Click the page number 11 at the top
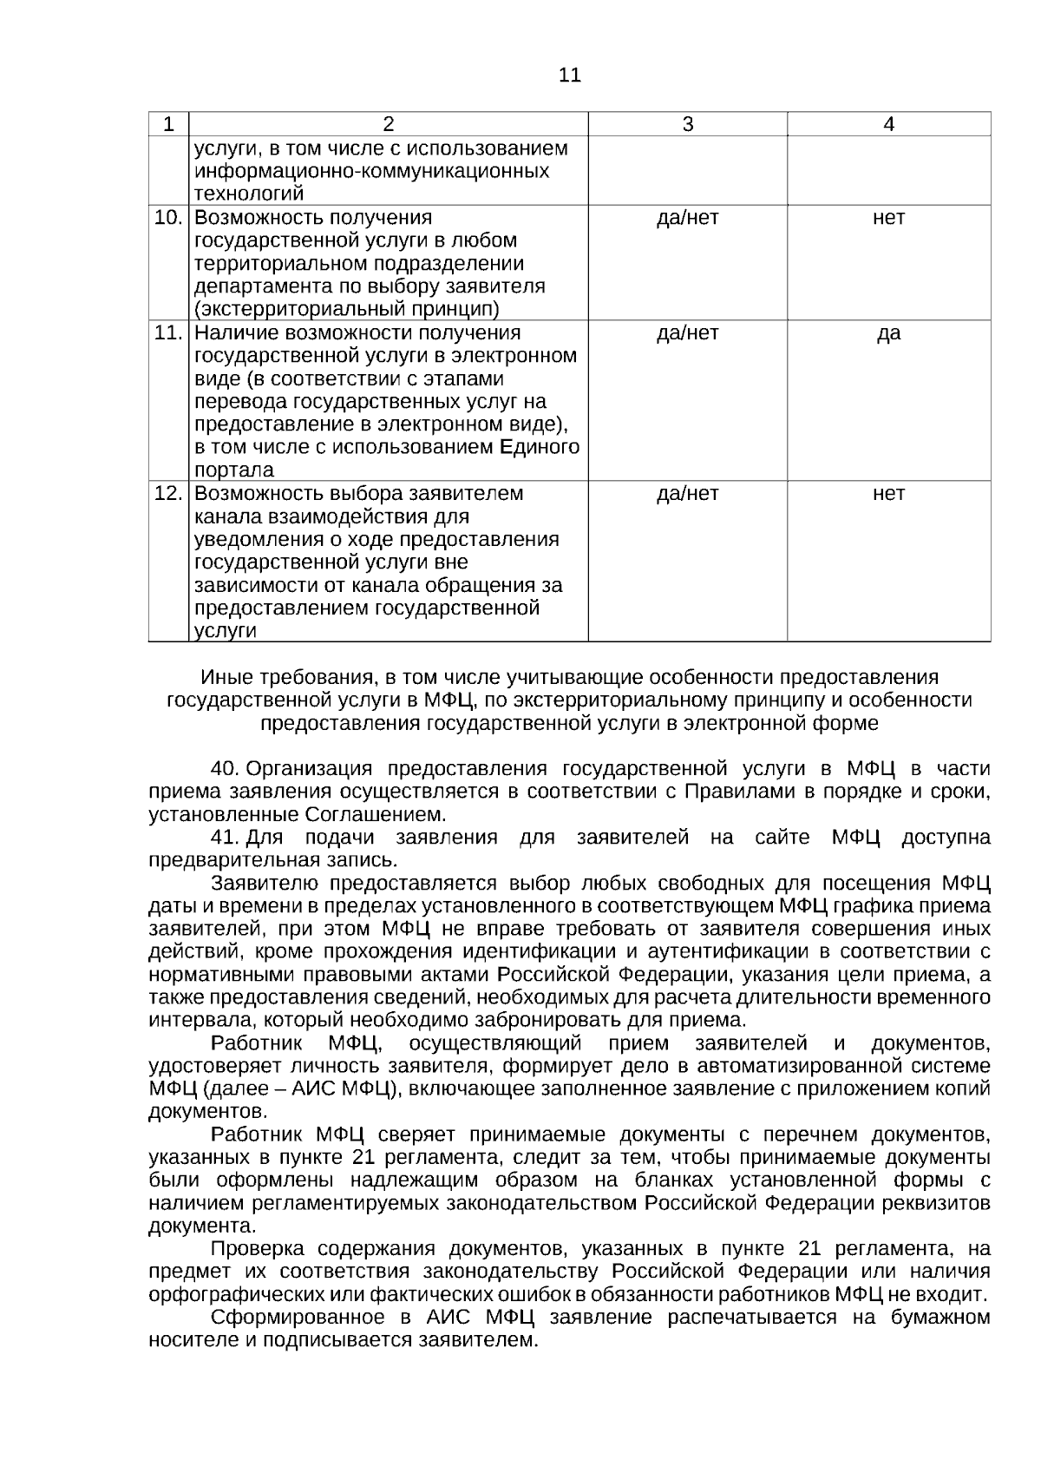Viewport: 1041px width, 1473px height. [x=570, y=76]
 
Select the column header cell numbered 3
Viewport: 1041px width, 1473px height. [x=687, y=125]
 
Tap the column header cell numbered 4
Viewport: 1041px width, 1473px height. [x=888, y=125]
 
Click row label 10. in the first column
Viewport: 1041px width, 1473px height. [x=168, y=218]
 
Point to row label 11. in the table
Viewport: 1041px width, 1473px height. [x=168, y=333]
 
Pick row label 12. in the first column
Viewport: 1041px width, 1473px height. [x=168, y=494]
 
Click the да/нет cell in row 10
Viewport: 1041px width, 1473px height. [x=687, y=218]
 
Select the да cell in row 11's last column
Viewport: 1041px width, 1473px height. [x=888, y=333]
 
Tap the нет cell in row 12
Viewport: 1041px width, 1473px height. [x=888, y=494]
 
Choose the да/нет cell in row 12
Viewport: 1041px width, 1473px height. [x=687, y=494]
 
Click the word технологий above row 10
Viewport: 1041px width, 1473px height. [x=249, y=194]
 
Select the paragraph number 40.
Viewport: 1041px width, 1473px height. [x=224, y=769]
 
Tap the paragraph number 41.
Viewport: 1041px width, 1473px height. [x=224, y=838]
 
